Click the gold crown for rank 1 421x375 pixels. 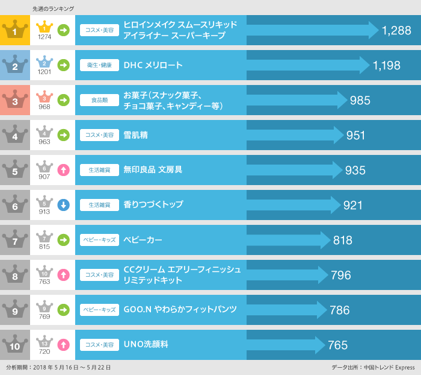point(15,30)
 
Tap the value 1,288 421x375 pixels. point(396,31)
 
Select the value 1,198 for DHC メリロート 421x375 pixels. point(386,66)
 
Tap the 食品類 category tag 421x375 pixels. point(99,101)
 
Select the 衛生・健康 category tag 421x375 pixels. point(99,66)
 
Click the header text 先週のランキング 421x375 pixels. point(54,8)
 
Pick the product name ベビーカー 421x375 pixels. point(143,240)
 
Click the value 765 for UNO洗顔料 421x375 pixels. point(337,345)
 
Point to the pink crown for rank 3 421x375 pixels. point(15,100)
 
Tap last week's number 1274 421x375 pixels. point(45,37)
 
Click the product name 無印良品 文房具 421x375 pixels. point(153,170)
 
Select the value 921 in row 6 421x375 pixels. point(353,206)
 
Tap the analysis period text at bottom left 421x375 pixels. point(58,367)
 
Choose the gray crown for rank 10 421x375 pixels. point(15,345)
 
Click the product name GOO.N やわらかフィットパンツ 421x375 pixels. point(180,310)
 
